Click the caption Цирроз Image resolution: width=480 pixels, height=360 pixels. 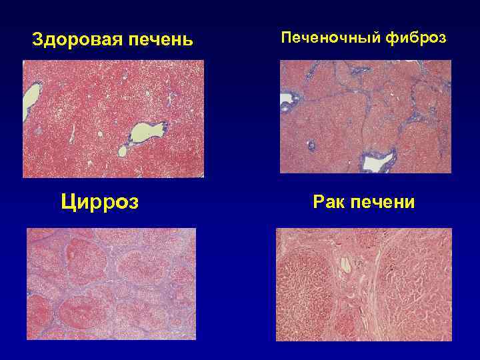tap(100, 201)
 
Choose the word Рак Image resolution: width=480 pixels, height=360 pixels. tap(327, 201)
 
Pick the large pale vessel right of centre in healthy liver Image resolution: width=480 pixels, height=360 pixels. tap(143, 131)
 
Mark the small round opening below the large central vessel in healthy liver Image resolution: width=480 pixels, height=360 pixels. tap(122, 151)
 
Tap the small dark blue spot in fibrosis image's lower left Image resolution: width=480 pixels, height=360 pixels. tap(310, 145)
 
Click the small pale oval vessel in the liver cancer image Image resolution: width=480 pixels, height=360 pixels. tap(345, 265)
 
